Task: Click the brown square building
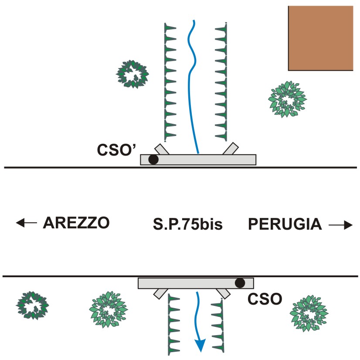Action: pos(320,38)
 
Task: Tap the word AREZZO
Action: pos(76,223)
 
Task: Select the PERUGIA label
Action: pos(285,225)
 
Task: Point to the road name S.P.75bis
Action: pos(188,225)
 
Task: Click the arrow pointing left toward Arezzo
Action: pos(26,223)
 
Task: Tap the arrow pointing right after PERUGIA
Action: pos(340,225)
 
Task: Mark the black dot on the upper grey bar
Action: pos(153,160)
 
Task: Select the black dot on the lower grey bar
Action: pos(239,283)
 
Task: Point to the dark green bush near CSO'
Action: pos(133,74)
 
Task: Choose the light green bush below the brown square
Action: pos(286,99)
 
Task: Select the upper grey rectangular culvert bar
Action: pos(198,160)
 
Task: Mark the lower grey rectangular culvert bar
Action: pos(196,283)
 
